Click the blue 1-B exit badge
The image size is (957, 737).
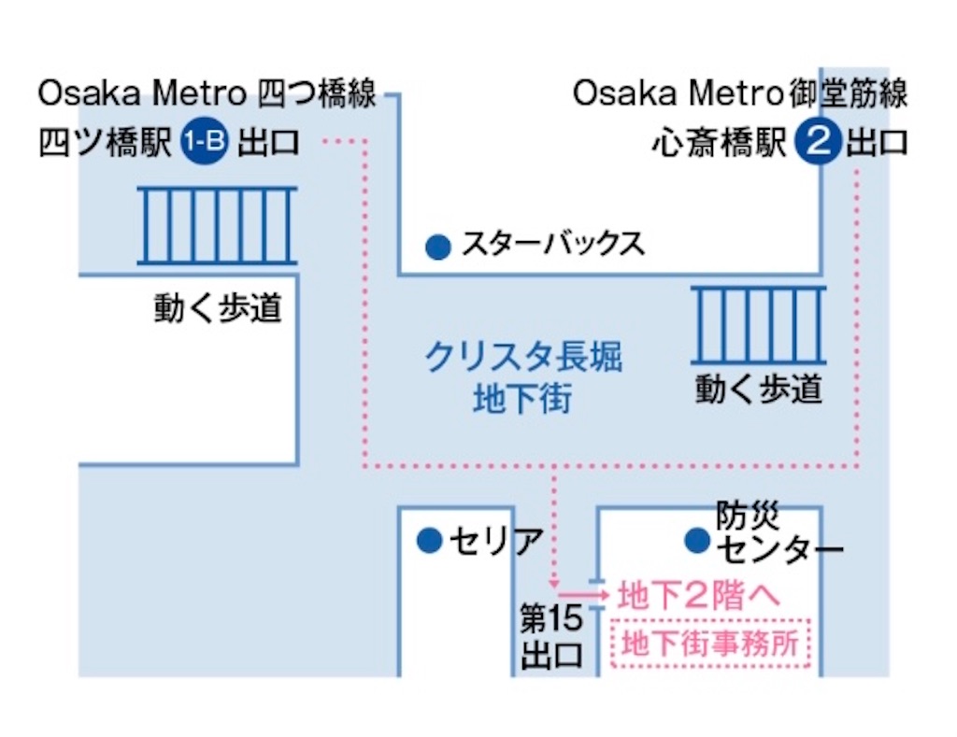pos(204,143)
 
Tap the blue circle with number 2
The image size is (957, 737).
pos(818,143)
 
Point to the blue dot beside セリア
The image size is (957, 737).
pos(429,539)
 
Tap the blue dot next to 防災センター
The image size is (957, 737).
pos(695,539)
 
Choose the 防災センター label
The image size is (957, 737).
pos(778,532)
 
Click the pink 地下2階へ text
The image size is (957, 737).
pos(697,595)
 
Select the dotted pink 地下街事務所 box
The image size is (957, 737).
pos(710,643)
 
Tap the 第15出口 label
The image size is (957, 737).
pos(551,634)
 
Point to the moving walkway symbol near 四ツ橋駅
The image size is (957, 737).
pos(217,225)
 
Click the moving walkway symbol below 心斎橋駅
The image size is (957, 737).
pos(758,324)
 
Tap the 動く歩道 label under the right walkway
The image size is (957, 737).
pos(758,388)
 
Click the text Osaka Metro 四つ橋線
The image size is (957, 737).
pos(207,94)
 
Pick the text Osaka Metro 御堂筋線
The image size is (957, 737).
pos(740,94)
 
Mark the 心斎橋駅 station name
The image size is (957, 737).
pos(720,144)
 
